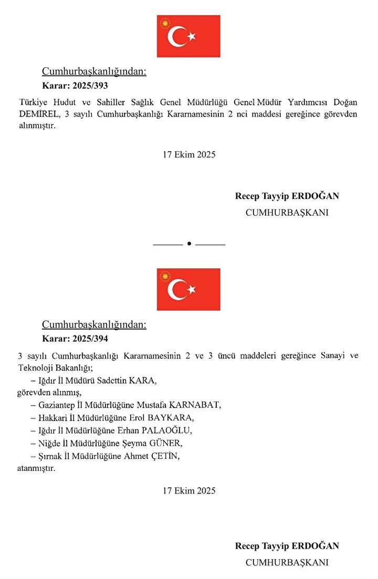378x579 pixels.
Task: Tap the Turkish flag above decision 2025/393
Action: click(188, 36)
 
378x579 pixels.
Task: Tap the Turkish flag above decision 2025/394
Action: click(188, 289)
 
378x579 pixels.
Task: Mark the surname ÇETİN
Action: click(166, 456)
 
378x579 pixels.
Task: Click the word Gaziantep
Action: click(57, 405)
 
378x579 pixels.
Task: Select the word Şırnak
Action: click(51, 456)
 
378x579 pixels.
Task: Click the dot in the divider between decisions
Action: click(188, 244)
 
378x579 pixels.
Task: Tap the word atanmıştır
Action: click(36, 468)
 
